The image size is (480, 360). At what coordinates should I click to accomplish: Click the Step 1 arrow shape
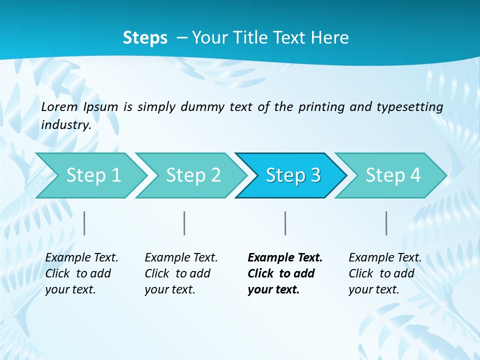(93, 175)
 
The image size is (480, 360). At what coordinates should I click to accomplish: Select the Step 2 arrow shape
(193, 175)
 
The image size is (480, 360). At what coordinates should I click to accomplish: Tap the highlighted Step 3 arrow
(293, 175)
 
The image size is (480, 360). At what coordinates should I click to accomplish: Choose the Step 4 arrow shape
(393, 175)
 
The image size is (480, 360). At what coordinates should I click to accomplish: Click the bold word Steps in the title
(145, 38)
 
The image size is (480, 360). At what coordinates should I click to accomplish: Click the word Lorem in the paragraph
(59, 106)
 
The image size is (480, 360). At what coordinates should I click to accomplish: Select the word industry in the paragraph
(65, 125)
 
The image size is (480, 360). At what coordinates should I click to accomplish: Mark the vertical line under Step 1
(84, 223)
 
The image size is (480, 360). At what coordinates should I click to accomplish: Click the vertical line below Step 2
(184, 223)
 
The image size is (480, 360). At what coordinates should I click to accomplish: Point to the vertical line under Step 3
(285, 223)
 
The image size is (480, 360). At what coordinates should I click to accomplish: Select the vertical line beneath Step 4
(386, 223)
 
